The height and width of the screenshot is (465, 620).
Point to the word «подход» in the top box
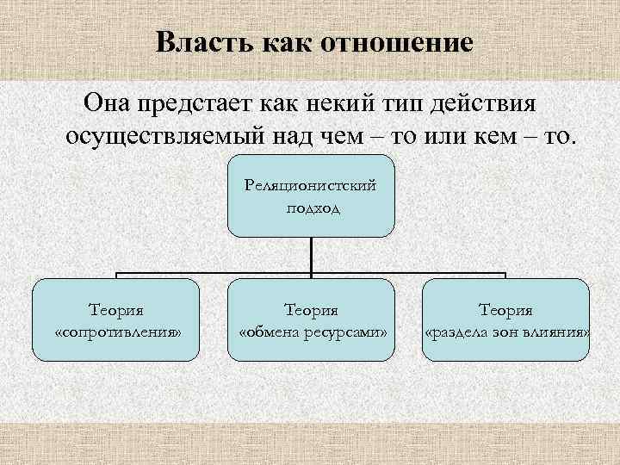tap(311, 206)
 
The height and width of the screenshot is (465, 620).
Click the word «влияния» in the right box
tap(559, 332)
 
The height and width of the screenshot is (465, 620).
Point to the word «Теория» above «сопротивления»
tap(116, 308)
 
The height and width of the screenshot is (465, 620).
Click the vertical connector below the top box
tap(311, 256)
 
